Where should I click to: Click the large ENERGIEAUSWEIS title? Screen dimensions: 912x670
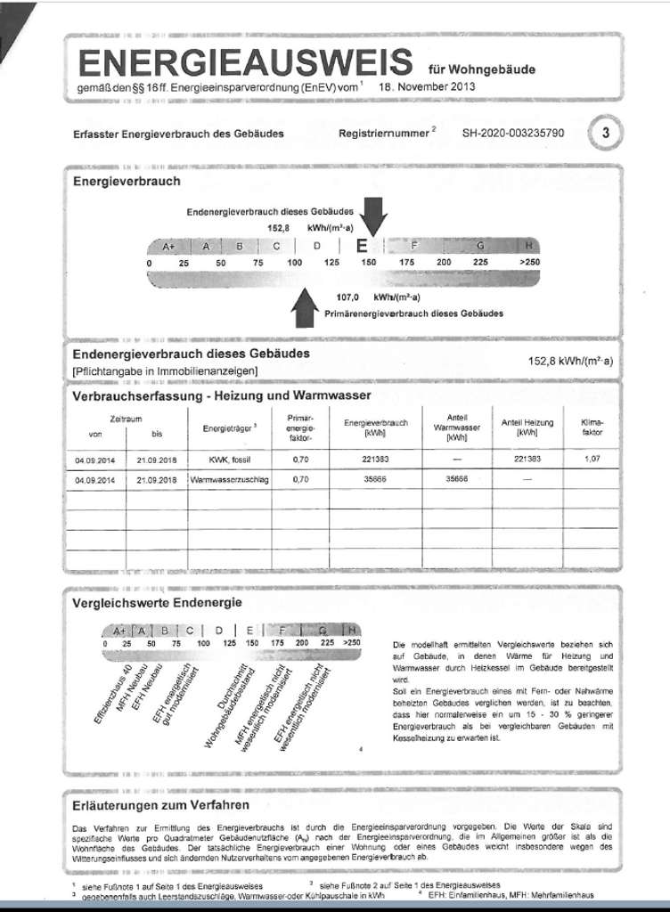point(245,64)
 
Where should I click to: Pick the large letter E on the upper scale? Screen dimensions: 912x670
point(362,246)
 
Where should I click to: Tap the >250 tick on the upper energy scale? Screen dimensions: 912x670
point(529,263)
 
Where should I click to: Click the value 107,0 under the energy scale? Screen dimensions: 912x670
point(347,297)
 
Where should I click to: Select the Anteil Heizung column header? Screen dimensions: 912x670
point(527,427)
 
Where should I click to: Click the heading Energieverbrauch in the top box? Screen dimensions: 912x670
point(126,181)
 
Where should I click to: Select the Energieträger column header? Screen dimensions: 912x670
point(228,428)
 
